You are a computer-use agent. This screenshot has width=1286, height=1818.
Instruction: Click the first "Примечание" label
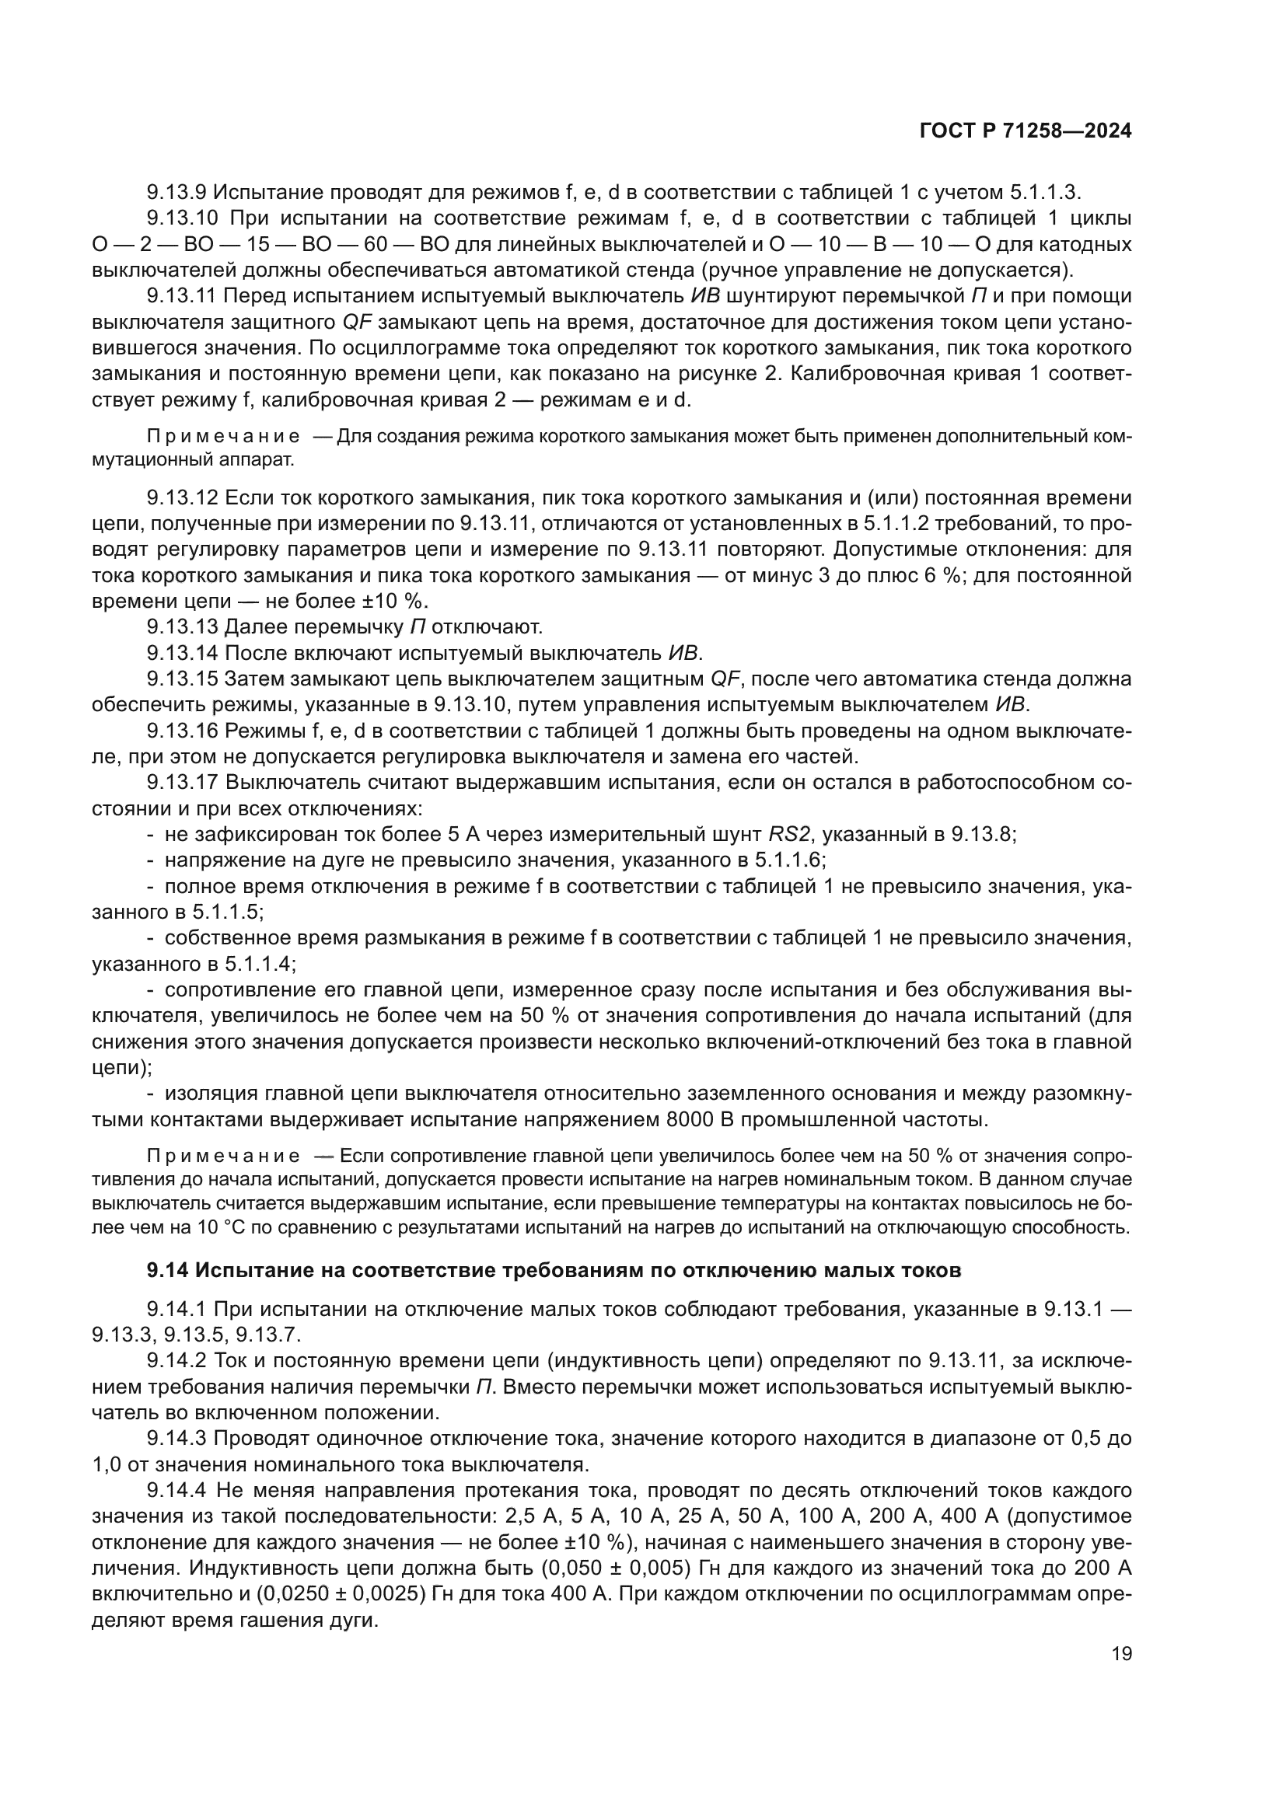pos(222,437)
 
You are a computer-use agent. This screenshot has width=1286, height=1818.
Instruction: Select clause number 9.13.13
pos(182,627)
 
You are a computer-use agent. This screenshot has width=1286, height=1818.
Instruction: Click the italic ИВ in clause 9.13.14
pos(683,653)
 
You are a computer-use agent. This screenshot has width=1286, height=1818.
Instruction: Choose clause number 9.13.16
pos(182,731)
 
